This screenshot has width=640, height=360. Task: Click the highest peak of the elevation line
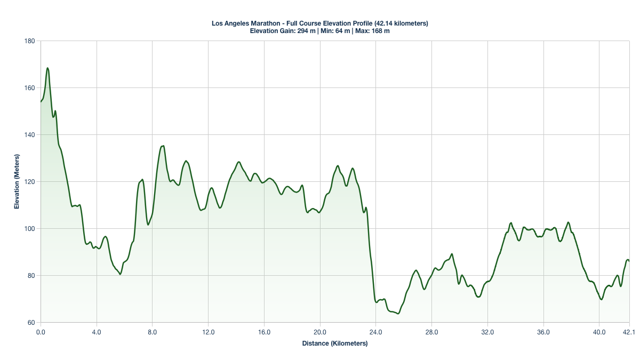[47, 68]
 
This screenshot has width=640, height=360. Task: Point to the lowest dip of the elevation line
[397, 314]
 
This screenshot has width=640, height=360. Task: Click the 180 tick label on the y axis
[30, 41]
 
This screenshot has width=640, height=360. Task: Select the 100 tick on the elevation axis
[30, 229]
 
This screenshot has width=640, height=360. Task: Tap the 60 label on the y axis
[31, 323]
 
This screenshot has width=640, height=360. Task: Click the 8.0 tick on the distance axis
[153, 332]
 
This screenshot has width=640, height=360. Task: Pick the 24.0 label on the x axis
[376, 332]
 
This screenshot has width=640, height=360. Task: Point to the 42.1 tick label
[629, 332]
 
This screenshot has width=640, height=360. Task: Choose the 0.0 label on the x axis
[41, 332]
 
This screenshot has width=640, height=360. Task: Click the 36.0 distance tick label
[543, 332]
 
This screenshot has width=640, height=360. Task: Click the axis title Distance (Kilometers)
[335, 343]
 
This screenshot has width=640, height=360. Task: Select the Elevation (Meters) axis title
[17, 182]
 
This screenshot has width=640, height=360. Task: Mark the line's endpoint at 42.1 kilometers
[629, 261]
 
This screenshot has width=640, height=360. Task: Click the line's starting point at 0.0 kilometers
[41, 101]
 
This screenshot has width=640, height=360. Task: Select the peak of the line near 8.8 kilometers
[163, 146]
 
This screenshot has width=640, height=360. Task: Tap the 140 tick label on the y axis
[30, 135]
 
